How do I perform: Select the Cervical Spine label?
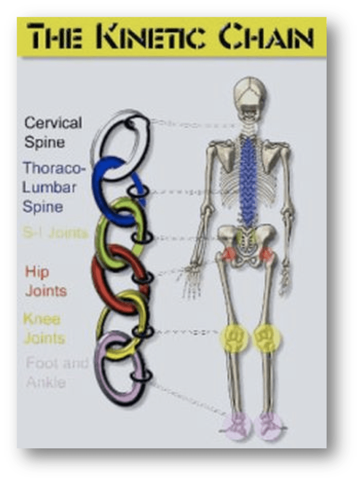click(x=53, y=133)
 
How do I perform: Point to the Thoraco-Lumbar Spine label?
click(x=50, y=187)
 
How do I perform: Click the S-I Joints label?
click(x=55, y=233)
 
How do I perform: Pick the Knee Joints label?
click(x=44, y=329)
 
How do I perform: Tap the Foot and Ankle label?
click(x=56, y=372)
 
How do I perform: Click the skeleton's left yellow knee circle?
click(x=235, y=338)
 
